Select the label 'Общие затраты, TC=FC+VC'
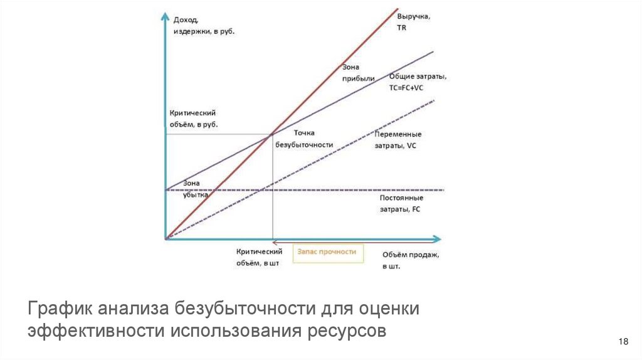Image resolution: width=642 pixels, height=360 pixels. tap(417, 82)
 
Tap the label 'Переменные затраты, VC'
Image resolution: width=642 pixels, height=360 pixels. tap(397, 139)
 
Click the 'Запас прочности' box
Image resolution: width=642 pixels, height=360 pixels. tap(327, 252)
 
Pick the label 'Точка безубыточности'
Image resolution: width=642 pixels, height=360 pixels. tap(304, 139)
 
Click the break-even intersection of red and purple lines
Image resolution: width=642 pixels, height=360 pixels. tap(271, 134)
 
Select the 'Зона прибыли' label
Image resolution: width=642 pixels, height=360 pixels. tap(359, 73)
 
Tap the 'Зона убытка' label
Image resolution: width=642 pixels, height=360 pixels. tap(196, 189)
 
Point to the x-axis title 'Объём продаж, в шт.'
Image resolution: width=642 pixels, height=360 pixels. tap(411, 260)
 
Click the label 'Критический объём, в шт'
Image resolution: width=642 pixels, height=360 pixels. tap(257, 257)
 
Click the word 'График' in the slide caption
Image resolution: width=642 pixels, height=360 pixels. tap(57, 309)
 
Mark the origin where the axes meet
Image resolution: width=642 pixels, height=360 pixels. tap(166, 238)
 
